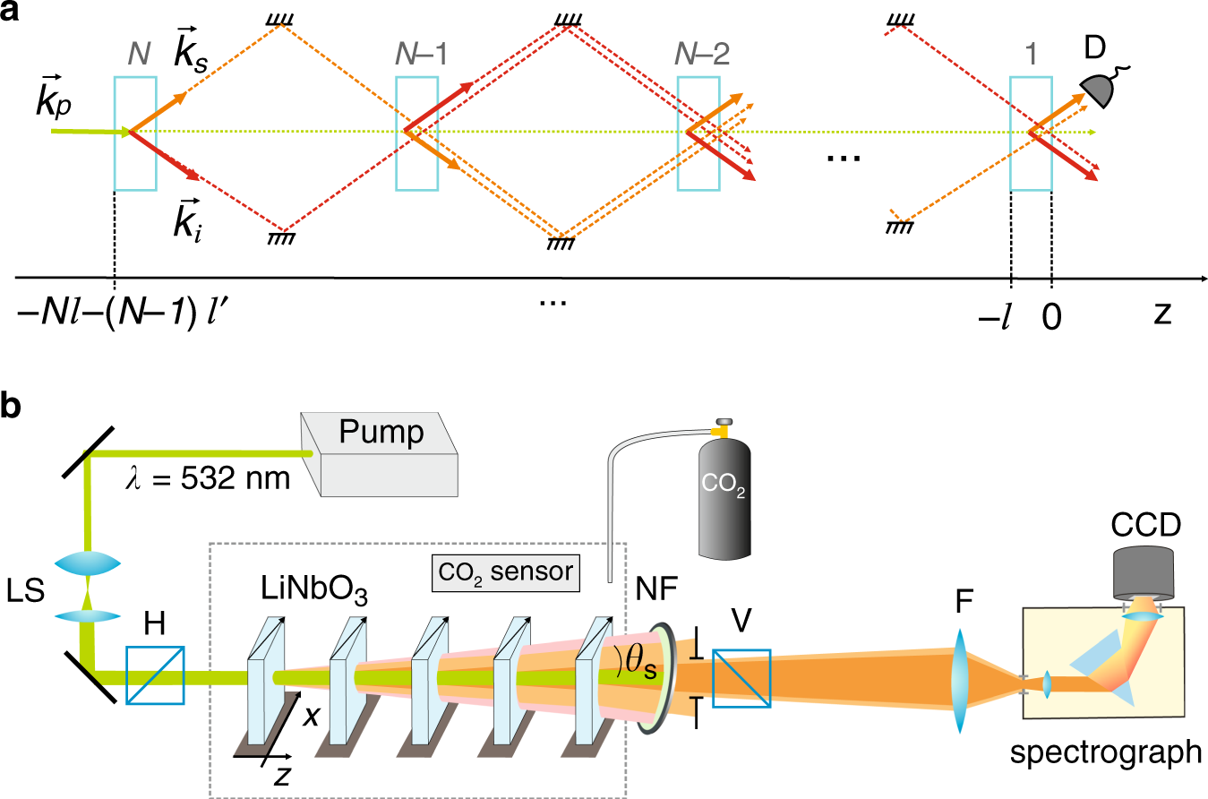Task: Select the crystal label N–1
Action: [x=421, y=54]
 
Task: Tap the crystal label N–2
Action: [x=702, y=54]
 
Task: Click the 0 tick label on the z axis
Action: [x=1051, y=317]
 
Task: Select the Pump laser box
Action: [x=379, y=454]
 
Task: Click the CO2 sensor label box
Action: [x=506, y=573]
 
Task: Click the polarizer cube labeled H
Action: [x=155, y=675]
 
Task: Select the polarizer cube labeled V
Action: [x=741, y=678]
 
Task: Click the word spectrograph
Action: [x=1106, y=752]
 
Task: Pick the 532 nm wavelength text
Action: [x=208, y=478]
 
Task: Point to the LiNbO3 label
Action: [x=314, y=589]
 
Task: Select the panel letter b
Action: [x=10, y=406]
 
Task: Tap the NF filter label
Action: [x=656, y=589]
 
